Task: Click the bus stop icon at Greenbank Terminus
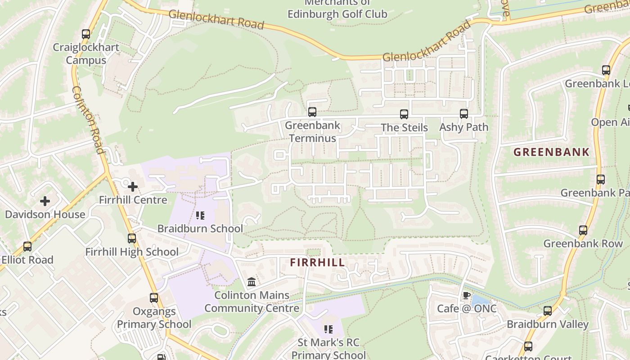(x=312, y=112)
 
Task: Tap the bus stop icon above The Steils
(x=404, y=114)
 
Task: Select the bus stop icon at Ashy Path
(x=464, y=114)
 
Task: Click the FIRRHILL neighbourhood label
(x=317, y=262)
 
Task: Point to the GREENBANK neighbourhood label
(x=551, y=152)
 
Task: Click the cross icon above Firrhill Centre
(x=133, y=186)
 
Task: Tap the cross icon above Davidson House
(x=45, y=201)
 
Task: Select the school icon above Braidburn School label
(x=200, y=216)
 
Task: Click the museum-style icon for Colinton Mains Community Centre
(x=252, y=282)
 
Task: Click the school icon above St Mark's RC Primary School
(x=328, y=329)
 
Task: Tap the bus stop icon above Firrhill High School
(x=132, y=238)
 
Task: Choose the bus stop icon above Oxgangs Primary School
(x=154, y=298)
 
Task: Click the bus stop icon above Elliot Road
(x=27, y=247)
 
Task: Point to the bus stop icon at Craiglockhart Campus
(x=86, y=34)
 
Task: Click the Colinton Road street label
(x=88, y=120)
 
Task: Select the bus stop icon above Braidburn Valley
(x=548, y=311)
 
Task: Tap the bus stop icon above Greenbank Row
(x=583, y=230)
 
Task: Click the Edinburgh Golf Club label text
(x=337, y=14)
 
